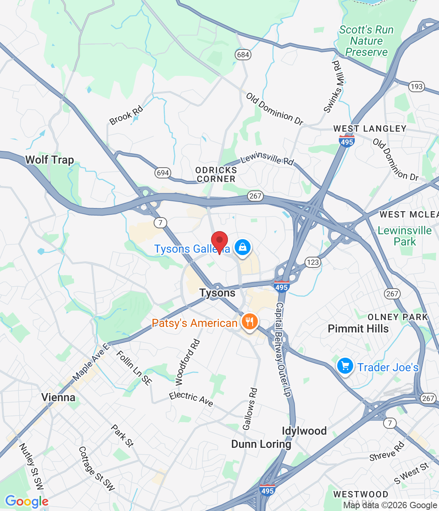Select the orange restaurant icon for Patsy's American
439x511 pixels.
[249, 321]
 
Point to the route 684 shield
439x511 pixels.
[243, 55]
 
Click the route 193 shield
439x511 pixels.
[416, 87]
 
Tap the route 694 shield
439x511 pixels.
[163, 173]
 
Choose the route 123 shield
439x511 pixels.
[312, 262]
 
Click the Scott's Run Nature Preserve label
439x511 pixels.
[366, 41]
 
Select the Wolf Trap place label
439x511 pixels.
[49, 160]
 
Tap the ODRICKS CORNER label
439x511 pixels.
[216, 174]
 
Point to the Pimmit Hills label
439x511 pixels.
[358, 329]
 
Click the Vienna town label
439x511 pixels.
[58, 397]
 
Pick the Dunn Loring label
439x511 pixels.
[261, 444]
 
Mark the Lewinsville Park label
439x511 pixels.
[405, 236]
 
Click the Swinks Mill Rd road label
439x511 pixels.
[333, 87]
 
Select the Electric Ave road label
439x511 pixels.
[191, 398]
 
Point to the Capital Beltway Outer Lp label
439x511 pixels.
[283, 349]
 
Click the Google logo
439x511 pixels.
[27, 501]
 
